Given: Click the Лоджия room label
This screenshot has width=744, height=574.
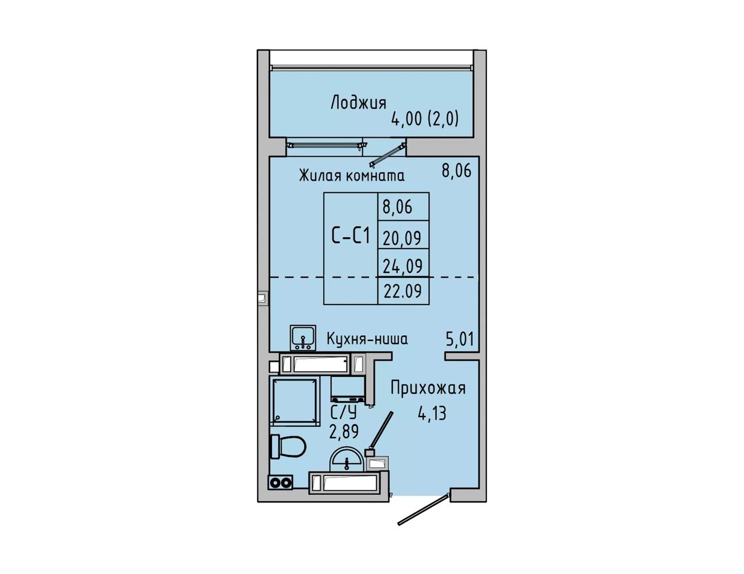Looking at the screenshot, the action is point(359,103).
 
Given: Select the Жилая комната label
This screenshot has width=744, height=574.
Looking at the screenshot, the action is point(352,175).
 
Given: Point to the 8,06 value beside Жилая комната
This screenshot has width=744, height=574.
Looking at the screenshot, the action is point(456,171).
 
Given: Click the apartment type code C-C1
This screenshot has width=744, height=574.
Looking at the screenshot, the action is point(351,236).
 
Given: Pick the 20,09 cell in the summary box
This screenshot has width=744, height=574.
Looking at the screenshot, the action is point(402,238).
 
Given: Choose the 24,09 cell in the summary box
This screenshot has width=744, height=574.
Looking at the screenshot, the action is point(403,266).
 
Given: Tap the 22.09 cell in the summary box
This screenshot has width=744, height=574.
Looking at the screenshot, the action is point(403,291).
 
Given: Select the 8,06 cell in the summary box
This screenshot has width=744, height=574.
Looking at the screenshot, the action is point(398,207).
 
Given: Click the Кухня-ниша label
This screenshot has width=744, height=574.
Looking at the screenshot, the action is point(367,339).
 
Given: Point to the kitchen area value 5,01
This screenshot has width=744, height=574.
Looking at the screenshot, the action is point(460,339).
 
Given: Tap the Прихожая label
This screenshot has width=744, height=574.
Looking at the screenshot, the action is point(428,389).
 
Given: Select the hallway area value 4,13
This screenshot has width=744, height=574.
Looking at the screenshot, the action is point(432,414).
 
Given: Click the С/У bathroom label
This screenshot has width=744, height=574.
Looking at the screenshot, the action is point(344,413).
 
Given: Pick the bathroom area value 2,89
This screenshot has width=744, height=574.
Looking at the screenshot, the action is point(344,432).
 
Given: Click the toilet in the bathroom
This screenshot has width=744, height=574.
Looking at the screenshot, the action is point(288,446).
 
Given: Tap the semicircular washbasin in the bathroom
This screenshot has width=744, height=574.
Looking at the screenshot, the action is point(347,461).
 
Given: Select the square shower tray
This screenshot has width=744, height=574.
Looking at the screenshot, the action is point(295,401).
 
